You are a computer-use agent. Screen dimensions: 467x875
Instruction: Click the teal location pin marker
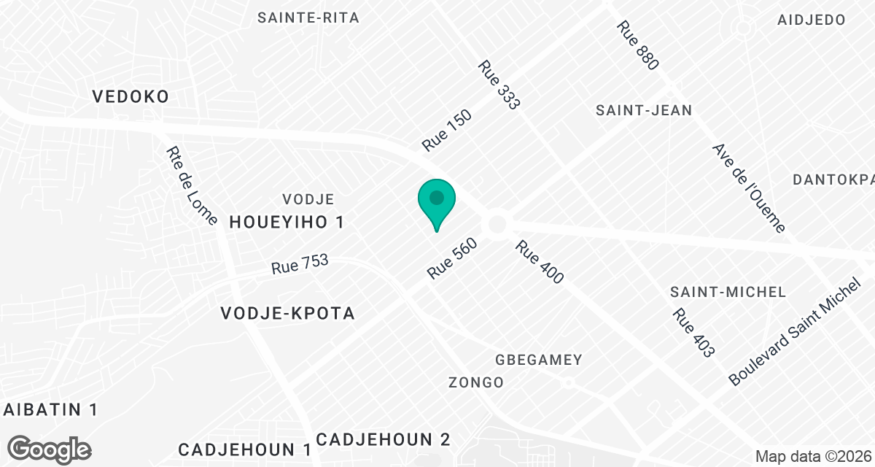click(437, 202)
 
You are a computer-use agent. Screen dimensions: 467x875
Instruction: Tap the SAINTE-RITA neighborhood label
click(308, 18)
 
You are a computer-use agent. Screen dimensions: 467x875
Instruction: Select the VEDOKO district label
click(131, 96)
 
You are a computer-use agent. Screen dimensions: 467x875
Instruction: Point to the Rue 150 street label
click(446, 131)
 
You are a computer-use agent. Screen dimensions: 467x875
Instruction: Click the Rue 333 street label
click(499, 85)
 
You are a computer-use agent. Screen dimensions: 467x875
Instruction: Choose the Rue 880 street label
click(637, 45)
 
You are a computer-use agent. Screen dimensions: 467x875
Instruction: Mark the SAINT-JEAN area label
click(644, 111)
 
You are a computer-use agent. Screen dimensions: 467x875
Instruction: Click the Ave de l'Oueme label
click(749, 188)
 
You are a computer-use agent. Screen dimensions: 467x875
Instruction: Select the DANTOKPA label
click(833, 180)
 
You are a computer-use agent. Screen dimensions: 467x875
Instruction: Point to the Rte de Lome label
click(192, 187)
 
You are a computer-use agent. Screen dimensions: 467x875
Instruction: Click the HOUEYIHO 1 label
click(286, 223)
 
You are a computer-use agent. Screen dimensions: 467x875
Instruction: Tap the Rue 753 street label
click(300, 263)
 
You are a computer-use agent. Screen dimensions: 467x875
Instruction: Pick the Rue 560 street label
click(452, 259)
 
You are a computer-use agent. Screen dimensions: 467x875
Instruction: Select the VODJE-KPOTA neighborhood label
click(287, 314)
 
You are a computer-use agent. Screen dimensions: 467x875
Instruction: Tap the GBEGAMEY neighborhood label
click(539, 360)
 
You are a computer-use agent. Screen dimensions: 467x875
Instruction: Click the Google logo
click(50, 449)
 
